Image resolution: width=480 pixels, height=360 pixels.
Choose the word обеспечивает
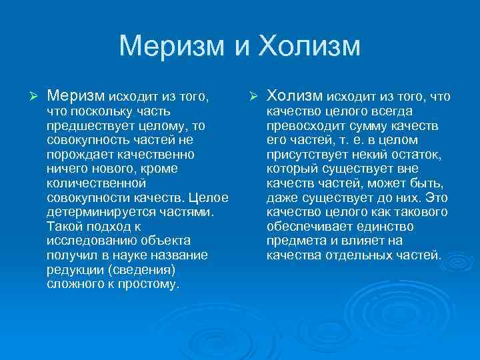(x=305, y=226)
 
